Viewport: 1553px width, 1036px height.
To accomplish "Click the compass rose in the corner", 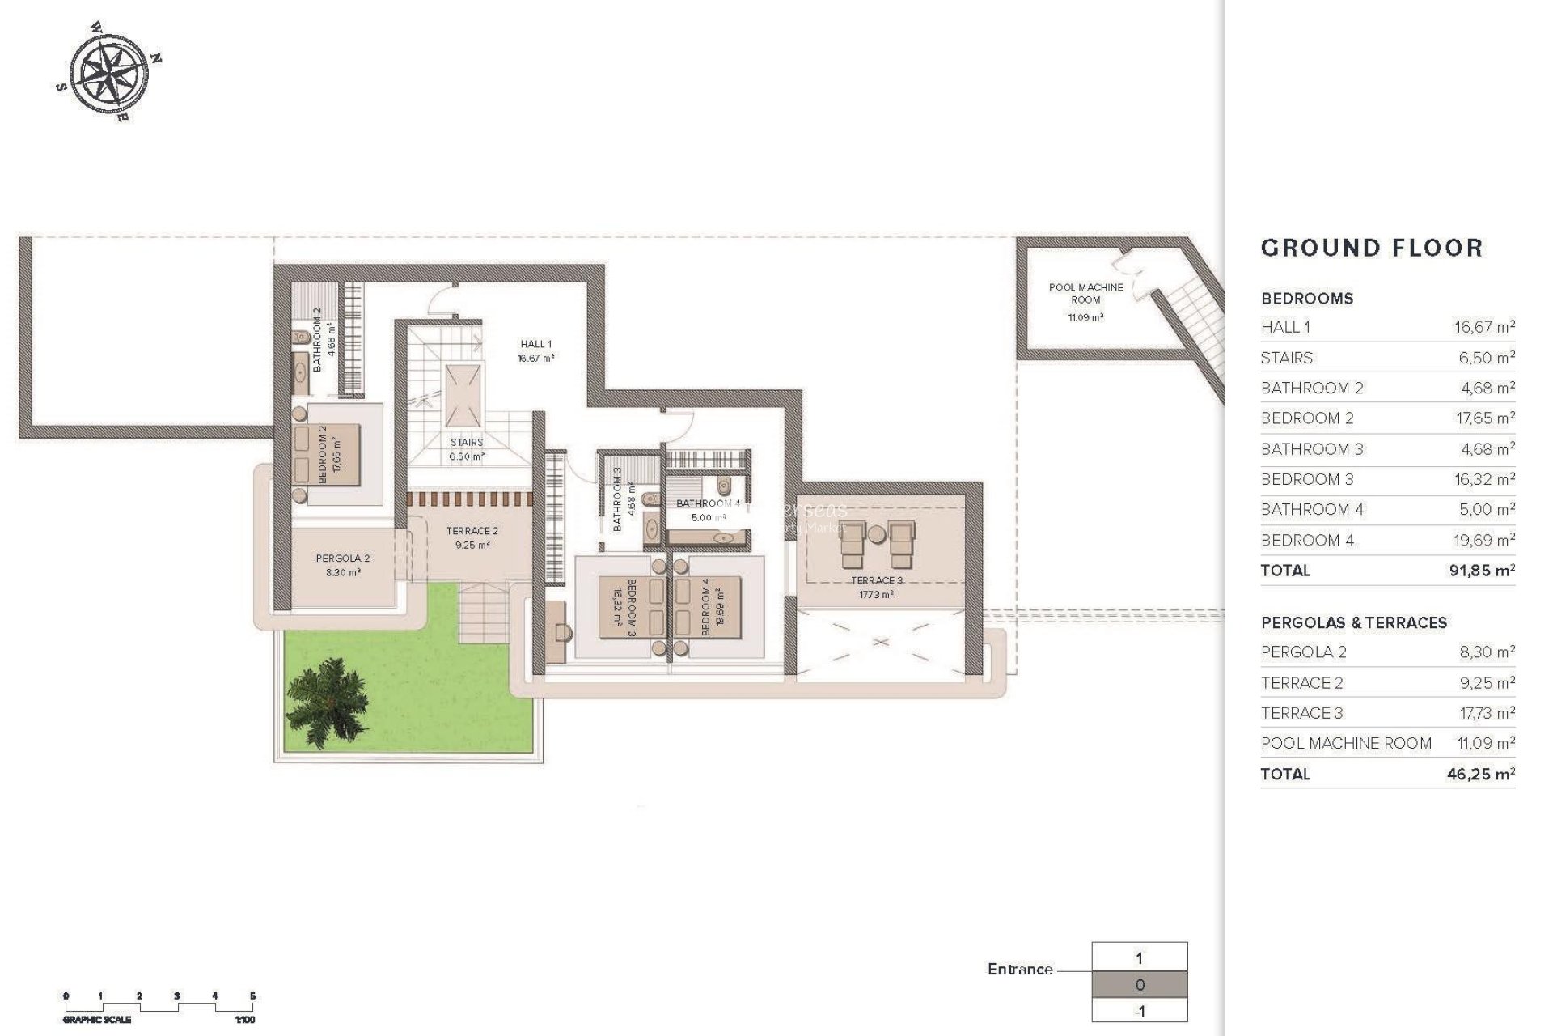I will pyautogui.click(x=108, y=71).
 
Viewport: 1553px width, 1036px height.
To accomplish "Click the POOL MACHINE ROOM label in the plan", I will pyautogui.click(x=1085, y=293).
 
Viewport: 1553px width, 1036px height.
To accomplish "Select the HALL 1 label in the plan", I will pyautogui.click(x=535, y=345).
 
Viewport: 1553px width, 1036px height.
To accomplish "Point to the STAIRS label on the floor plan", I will pyautogui.click(x=467, y=443).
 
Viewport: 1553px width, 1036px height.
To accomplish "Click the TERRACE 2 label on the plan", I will pyautogui.click(x=472, y=532).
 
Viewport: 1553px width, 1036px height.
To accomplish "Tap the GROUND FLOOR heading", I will pyautogui.click(x=1372, y=248).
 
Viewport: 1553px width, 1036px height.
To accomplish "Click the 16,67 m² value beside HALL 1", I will pyautogui.click(x=1483, y=327).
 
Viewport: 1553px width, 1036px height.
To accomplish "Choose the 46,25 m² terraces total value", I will pyautogui.click(x=1480, y=775).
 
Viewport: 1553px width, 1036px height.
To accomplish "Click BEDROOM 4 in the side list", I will pyautogui.click(x=1307, y=541).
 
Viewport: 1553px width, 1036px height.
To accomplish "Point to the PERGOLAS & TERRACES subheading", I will pyautogui.click(x=1353, y=622).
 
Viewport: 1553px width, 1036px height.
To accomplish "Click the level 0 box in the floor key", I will pyautogui.click(x=1139, y=985).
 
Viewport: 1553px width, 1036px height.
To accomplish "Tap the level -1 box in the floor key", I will pyautogui.click(x=1139, y=1012).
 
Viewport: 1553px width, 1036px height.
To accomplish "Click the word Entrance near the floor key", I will pyautogui.click(x=1020, y=970).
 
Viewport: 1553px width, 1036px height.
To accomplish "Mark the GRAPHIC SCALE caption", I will pyautogui.click(x=97, y=1021).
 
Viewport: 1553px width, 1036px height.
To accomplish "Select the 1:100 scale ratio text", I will pyautogui.click(x=244, y=1021).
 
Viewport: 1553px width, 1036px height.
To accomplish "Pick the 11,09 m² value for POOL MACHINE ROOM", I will pyautogui.click(x=1483, y=743).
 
